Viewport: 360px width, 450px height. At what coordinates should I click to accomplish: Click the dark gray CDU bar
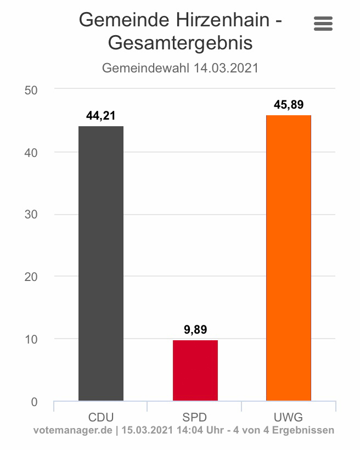click(101, 263)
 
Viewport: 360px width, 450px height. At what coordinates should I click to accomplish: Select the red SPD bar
click(195, 370)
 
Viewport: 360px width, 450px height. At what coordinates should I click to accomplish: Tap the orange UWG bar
click(289, 258)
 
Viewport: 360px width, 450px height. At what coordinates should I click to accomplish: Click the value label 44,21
click(101, 116)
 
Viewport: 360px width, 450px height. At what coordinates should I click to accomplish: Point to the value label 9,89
click(195, 330)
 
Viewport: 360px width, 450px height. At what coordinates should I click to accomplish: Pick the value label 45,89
click(289, 105)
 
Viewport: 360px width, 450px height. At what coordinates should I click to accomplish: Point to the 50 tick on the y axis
click(31, 89)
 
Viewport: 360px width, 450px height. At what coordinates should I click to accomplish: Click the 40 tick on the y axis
click(31, 152)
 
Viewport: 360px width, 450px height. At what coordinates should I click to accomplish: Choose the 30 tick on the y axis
click(31, 215)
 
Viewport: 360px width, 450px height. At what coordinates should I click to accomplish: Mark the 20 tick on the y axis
click(31, 277)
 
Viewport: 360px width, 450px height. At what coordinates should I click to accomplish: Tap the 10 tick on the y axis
click(31, 339)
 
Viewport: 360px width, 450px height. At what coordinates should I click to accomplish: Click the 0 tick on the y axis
click(34, 402)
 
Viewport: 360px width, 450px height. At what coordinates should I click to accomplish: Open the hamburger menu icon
click(323, 24)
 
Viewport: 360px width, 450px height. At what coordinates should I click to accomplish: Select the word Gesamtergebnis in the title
click(181, 43)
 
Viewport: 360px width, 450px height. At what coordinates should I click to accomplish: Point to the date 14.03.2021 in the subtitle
click(226, 69)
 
